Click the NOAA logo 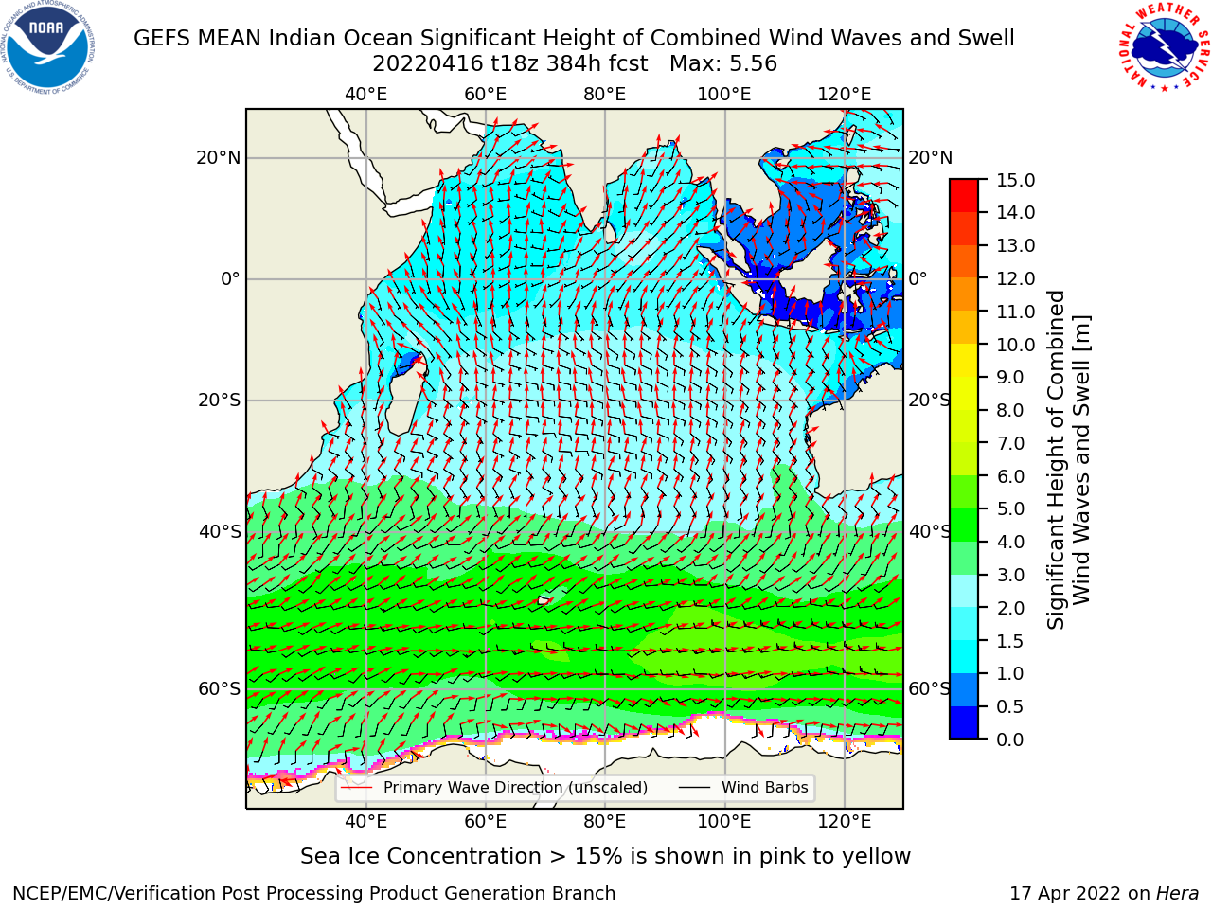tap(48, 48)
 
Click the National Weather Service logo tap(1164, 46)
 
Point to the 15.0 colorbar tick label tap(1015, 180)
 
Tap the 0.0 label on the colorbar tap(1009, 740)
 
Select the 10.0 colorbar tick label tap(1015, 345)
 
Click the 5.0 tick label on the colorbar tap(1009, 508)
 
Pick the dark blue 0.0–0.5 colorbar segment tap(964, 722)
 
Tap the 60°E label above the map tap(486, 95)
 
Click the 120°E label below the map tap(845, 822)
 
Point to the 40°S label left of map tap(220, 532)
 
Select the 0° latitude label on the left tap(230, 278)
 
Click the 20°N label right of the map tap(931, 158)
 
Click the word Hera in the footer tap(1178, 894)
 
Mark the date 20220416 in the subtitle tap(428, 64)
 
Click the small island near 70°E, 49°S tap(544, 600)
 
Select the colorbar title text tap(1068, 459)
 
